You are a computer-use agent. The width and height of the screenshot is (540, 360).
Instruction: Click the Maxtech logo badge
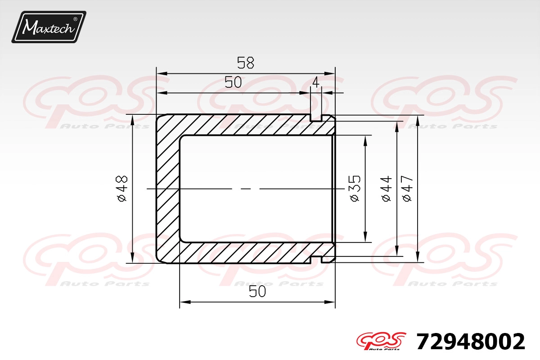click(49, 27)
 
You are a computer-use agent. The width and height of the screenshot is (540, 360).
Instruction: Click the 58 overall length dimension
click(245, 63)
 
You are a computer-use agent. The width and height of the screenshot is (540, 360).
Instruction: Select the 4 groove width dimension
click(315, 82)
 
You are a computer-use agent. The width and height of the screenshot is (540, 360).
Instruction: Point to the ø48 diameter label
click(121, 189)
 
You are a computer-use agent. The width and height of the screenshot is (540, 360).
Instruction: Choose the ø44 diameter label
click(386, 189)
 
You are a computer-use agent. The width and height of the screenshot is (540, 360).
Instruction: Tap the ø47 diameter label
click(407, 189)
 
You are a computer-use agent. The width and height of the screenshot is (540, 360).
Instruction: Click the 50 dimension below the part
click(257, 291)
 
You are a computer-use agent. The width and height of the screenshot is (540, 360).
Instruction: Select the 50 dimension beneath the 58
click(233, 82)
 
